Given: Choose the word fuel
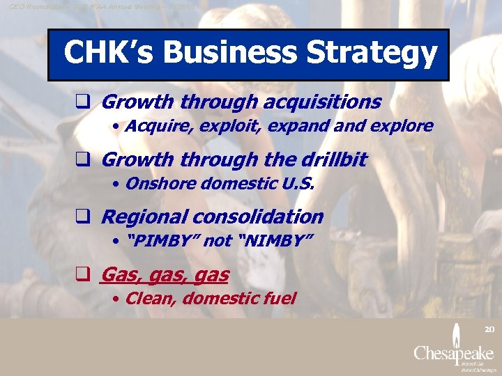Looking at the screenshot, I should click(279, 299).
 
